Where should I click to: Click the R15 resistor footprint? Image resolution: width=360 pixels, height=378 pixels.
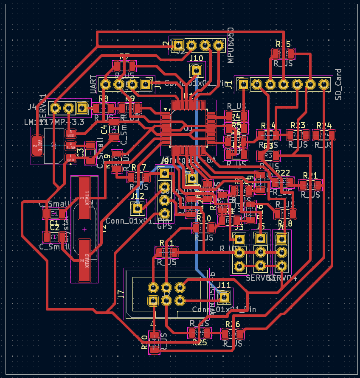click(x=283, y=54)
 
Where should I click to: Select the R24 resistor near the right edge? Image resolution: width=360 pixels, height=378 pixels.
click(x=324, y=135)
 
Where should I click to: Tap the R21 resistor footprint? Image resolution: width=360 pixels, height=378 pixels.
click(x=310, y=185)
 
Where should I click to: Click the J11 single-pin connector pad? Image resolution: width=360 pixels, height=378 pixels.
click(x=224, y=297)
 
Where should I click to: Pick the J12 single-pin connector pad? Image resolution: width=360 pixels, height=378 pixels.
click(x=137, y=208)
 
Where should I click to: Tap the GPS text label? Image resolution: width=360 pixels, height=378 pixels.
click(x=164, y=226)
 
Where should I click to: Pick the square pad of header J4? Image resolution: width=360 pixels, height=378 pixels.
click(x=82, y=108)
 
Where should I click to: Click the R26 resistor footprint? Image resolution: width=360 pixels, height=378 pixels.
click(x=233, y=334)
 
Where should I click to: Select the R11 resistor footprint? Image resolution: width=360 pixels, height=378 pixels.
click(x=166, y=253)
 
